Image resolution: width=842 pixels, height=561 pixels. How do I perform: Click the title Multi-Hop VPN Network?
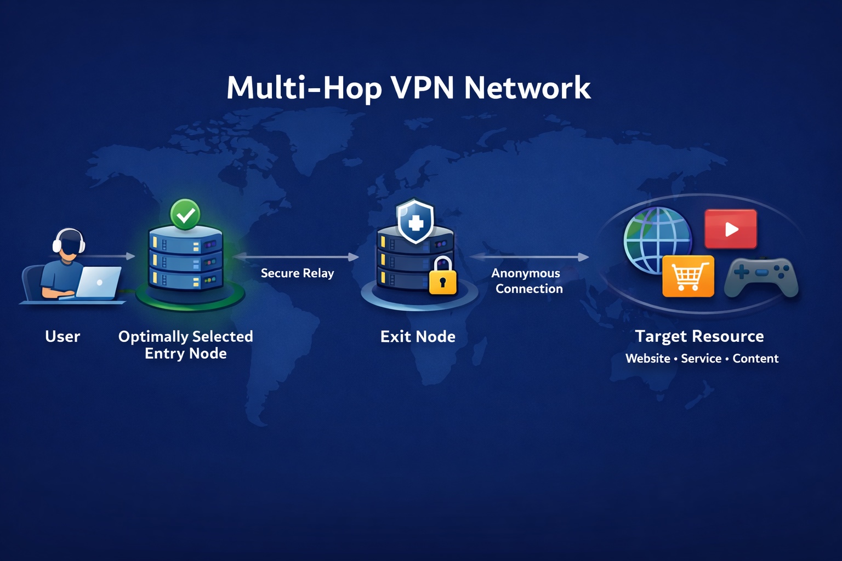tap(408, 88)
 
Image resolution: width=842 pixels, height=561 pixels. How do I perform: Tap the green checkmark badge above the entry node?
tap(185, 215)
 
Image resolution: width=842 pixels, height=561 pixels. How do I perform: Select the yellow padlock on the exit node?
tap(442, 278)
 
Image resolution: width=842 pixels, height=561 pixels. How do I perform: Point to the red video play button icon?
tap(730, 229)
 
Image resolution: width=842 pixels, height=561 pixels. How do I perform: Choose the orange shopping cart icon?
tap(688, 276)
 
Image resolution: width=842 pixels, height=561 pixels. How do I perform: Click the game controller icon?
tap(761, 277)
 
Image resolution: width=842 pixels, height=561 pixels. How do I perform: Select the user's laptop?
tap(99, 283)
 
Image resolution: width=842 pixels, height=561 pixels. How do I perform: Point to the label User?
tap(62, 336)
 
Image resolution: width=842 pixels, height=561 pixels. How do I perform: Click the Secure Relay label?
tap(297, 273)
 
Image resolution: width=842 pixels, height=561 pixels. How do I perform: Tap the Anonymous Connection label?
tap(527, 281)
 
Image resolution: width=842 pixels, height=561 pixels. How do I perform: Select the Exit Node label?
tap(418, 336)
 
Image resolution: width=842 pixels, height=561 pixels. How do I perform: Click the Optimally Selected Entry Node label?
tap(185, 345)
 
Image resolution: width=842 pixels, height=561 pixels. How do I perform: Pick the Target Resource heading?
tap(699, 336)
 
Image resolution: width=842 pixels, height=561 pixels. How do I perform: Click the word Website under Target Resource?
tap(648, 358)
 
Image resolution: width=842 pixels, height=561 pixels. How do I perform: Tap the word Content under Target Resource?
tap(755, 358)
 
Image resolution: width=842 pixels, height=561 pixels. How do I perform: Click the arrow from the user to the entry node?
tap(110, 256)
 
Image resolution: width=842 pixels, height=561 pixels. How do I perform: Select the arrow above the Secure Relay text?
tap(296, 256)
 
